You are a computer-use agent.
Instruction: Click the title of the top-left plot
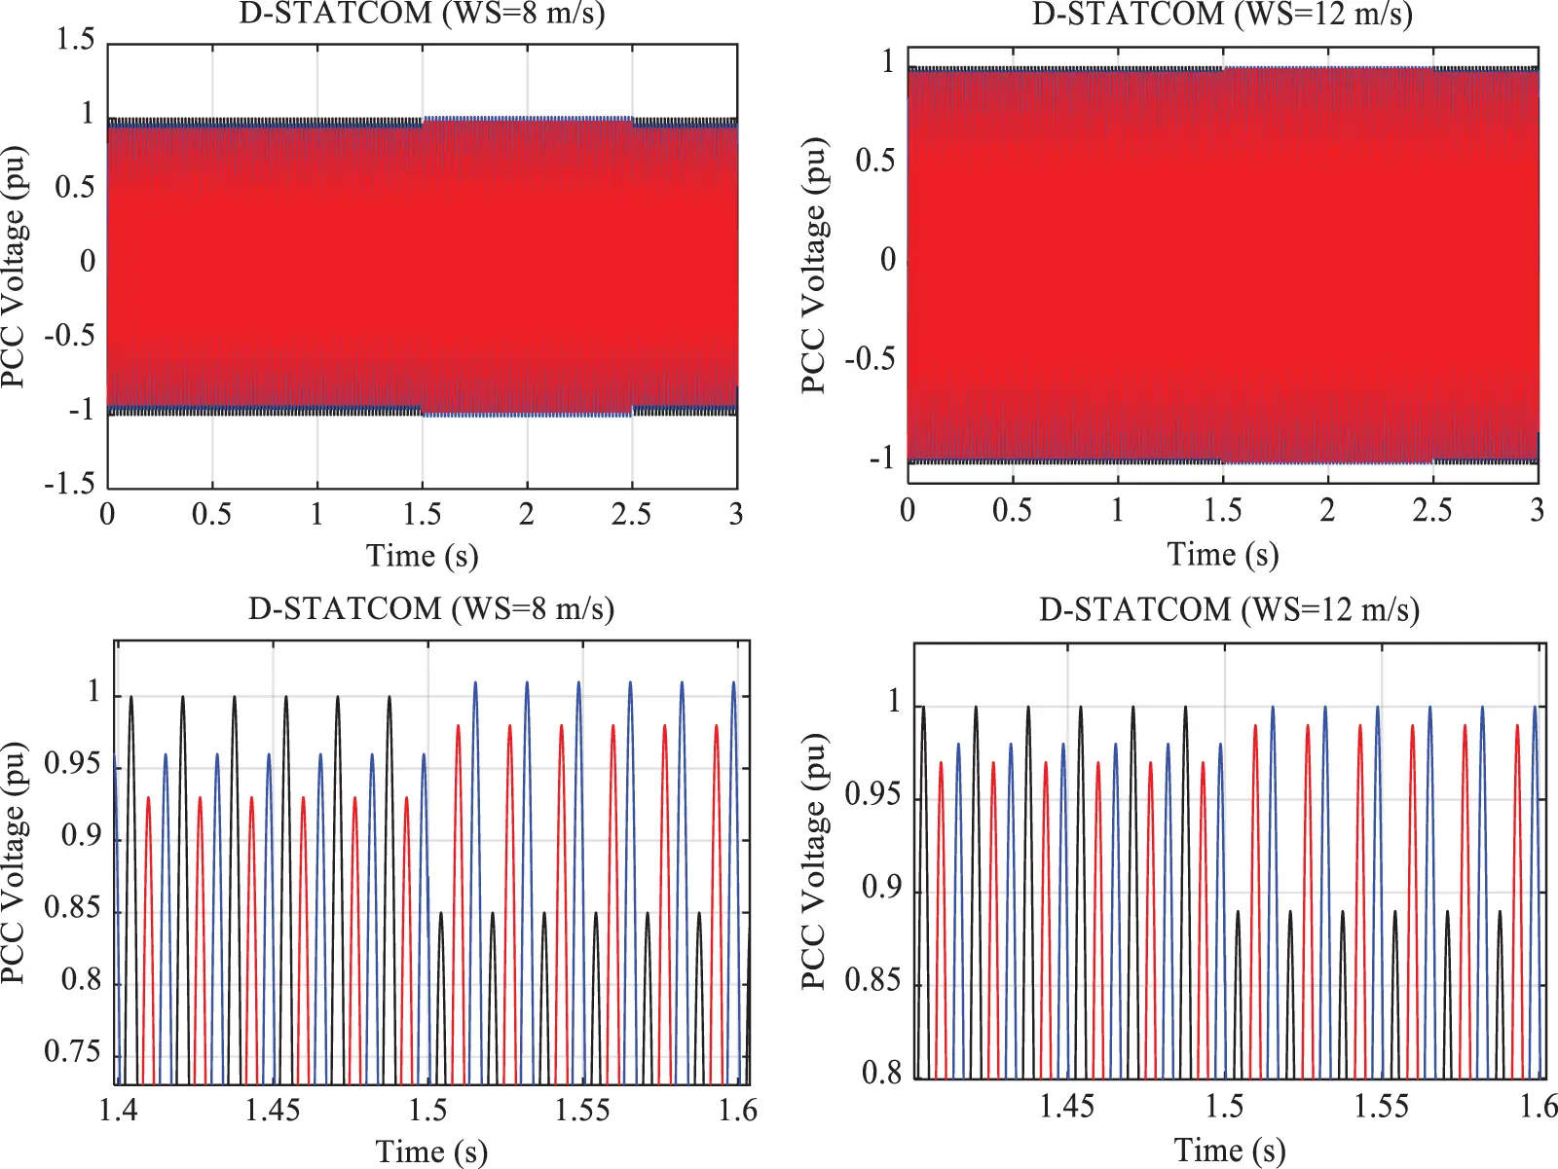422,15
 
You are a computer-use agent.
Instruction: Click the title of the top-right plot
1222,15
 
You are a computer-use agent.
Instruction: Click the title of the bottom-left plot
430,609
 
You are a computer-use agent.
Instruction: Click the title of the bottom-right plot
1229,609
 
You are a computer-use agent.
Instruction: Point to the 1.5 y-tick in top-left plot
75,40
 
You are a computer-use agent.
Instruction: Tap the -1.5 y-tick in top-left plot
69,484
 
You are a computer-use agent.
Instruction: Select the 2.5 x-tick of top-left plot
631,514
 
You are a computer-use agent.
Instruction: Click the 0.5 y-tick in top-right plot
874,162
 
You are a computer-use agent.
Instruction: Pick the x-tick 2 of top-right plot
1327,510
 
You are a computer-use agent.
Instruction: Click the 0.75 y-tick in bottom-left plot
72,1052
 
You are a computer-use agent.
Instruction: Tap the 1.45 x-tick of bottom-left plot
273,1111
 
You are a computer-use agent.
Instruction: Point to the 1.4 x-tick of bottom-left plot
118,1111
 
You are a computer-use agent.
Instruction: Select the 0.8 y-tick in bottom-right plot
881,1074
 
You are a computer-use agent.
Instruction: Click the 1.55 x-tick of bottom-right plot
1382,1107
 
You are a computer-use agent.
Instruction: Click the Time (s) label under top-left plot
422,556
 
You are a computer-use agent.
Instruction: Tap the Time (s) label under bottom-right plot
1229,1150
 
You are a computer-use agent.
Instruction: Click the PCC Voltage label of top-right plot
814,265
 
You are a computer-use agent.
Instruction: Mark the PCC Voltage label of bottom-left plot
13,861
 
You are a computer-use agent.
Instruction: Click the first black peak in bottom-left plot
130,698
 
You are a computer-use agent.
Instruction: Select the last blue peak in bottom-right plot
1535,708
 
